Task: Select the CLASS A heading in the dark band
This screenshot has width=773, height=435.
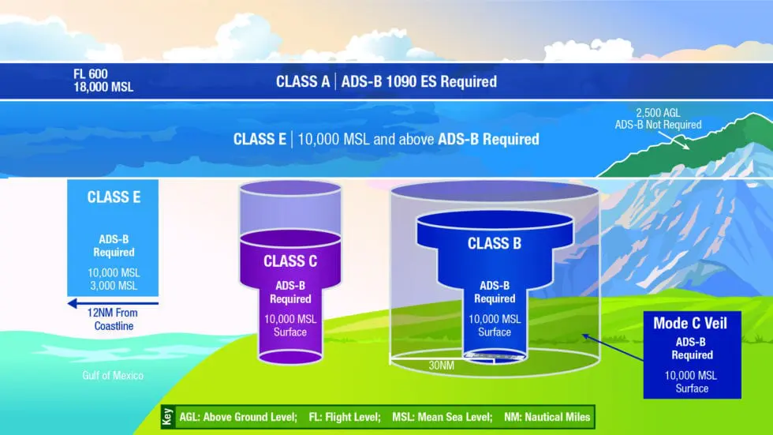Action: pos(303,81)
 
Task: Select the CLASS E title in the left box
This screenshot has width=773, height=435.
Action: pos(114,197)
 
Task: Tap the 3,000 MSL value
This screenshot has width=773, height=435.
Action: pos(114,284)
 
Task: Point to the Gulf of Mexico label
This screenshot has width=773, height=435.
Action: pos(113,376)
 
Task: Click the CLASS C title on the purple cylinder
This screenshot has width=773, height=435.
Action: pos(290,261)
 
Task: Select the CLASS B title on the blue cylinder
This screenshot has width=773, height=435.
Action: pos(495,244)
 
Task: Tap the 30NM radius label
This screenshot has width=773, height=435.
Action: pos(441,366)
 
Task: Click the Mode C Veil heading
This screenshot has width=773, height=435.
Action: pos(692,324)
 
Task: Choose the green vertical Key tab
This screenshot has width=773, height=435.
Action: pos(166,417)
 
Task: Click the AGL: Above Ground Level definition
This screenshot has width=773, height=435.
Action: pos(238,417)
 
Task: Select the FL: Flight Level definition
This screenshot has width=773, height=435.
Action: pos(344,417)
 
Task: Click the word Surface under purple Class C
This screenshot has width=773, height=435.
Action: pos(290,332)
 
